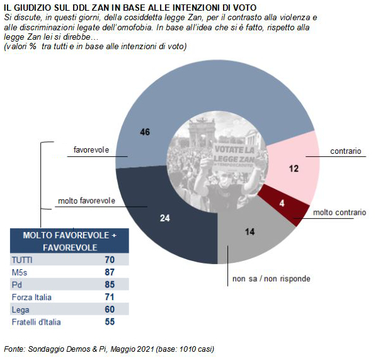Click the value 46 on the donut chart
(x=145, y=132)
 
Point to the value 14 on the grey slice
(x=249, y=232)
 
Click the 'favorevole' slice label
(x=91, y=150)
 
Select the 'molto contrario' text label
(x=340, y=212)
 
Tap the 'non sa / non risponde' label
(x=271, y=279)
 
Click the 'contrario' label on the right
(x=346, y=151)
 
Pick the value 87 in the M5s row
(x=110, y=272)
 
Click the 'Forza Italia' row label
(x=31, y=297)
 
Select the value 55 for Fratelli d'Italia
(x=110, y=322)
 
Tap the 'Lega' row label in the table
(x=21, y=310)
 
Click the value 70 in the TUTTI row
(x=110, y=260)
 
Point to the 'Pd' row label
(x=17, y=285)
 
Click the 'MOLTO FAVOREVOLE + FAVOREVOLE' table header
(x=70, y=241)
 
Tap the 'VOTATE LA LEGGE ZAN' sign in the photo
(x=234, y=156)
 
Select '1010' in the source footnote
(x=187, y=349)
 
